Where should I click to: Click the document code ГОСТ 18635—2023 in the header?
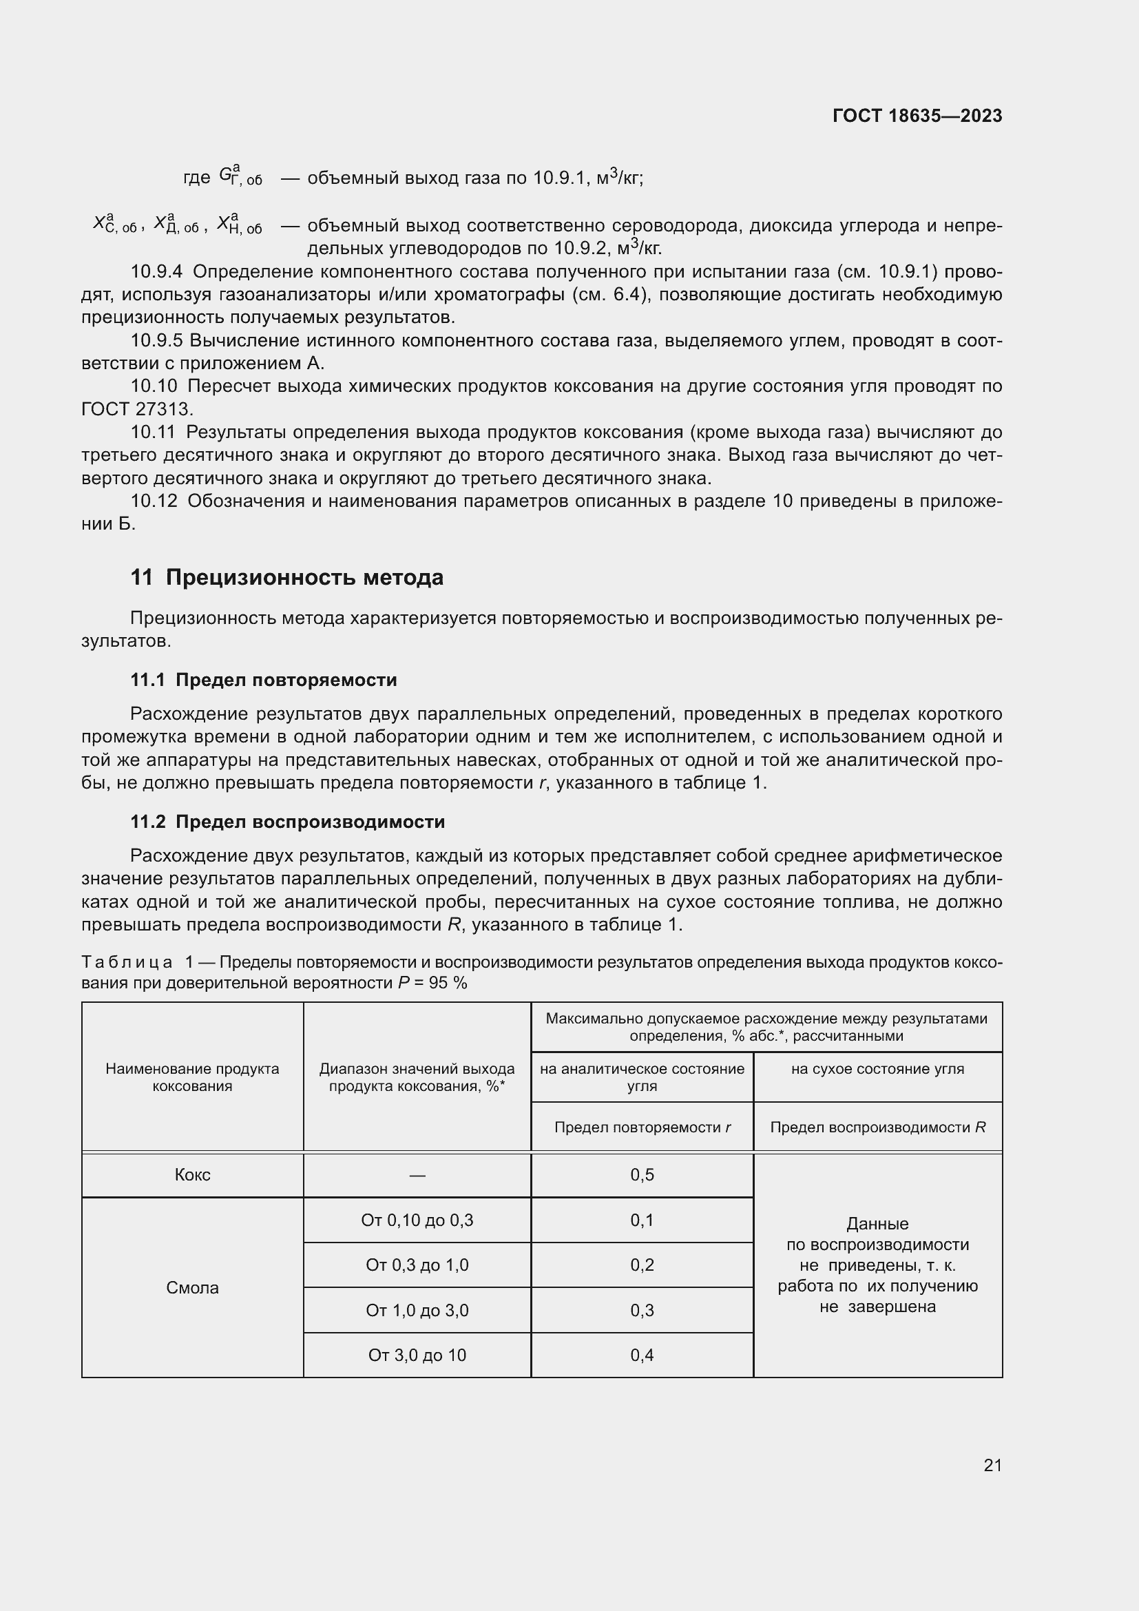coord(917,116)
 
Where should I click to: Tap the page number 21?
coord(992,1465)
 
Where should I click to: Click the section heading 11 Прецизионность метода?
coord(287,577)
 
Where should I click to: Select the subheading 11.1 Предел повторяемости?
coord(264,680)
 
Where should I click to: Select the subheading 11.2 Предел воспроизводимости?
coord(288,822)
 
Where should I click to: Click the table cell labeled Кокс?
coord(192,1175)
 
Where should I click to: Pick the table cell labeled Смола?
coord(192,1287)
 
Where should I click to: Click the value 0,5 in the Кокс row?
coord(642,1175)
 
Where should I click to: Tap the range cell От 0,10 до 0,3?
coord(417,1220)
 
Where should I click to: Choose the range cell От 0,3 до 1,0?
coord(417,1265)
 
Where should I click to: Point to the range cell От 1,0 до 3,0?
coord(417,1310)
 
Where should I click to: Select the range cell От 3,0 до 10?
coord(417,1355)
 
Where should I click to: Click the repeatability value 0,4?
coord(642,1355)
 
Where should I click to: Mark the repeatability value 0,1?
coord(642,1220)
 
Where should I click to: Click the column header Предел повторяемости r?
coord(642,1127)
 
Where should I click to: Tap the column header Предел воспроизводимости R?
coord(877,1127)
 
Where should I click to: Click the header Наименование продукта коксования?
coord(192,1077)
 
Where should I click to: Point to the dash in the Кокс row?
coord(417,1175)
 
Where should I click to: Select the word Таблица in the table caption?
coord(127,962)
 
